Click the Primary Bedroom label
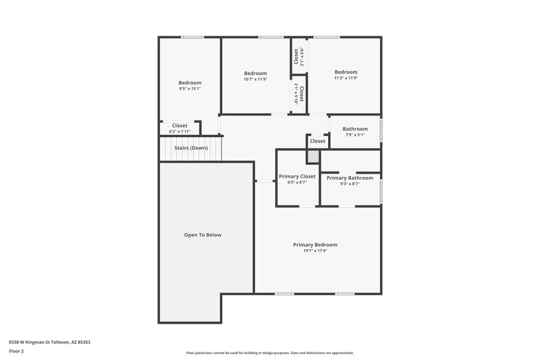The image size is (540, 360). (315, 245)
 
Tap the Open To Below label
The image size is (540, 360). (202, 235)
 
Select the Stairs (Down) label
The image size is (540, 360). (190, 148)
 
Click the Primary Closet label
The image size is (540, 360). (297, 177)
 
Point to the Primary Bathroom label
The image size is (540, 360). (350, 178)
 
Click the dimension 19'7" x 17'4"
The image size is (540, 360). (315, 251)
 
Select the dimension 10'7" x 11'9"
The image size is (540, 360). (255, 79)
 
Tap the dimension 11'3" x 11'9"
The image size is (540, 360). (346, 78)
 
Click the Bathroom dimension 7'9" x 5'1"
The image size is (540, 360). (355, 134)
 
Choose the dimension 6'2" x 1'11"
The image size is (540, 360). (180, 131)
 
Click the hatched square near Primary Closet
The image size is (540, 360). (313, 156)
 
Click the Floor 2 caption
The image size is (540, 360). (17, 351)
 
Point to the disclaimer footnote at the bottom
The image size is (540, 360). (269, 353)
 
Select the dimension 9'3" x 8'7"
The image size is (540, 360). (350, 184)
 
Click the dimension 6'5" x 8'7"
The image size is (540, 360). (297, 183)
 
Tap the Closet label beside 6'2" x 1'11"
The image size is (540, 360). (180, 125)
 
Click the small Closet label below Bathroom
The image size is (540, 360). (317, 141)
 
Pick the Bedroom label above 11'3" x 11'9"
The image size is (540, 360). (346, 72)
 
